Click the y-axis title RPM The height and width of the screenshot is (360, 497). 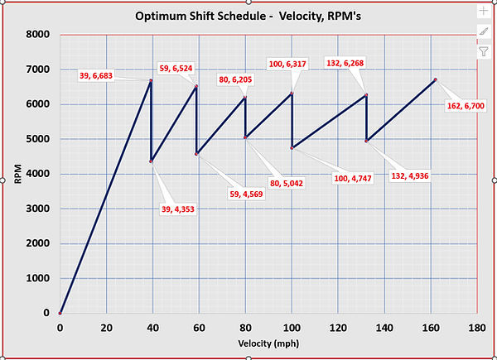pos(18,174)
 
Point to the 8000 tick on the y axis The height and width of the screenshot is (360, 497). pos(38,35)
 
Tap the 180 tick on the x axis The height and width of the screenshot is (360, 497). pos(476,328)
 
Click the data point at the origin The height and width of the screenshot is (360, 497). pos(60,314)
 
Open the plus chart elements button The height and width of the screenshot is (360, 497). pos(483,12)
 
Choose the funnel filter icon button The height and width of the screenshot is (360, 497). pos(483,51)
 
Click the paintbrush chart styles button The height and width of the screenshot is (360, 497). pos(483,31)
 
